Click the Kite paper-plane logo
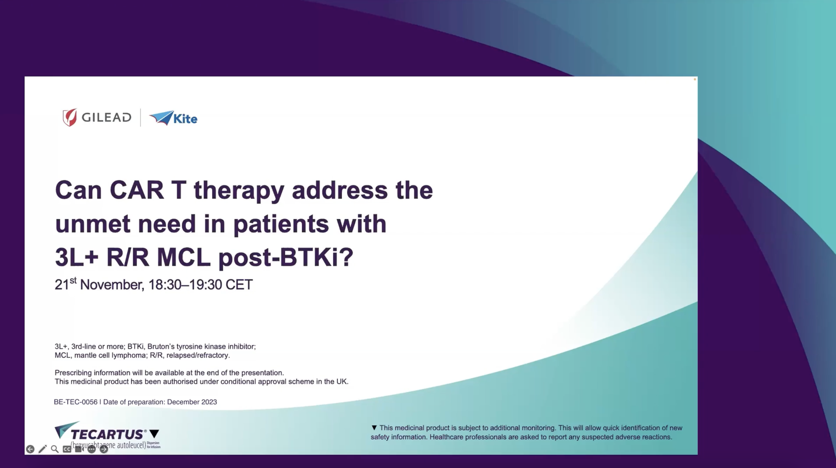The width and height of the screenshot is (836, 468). (161, 117)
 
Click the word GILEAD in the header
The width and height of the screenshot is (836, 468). (106, 117)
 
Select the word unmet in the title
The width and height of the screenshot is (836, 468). (93, 224)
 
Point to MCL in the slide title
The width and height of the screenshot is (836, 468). (183, 257)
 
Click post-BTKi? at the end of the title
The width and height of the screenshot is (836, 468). (286, 257)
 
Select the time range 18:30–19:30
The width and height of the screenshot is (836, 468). (185, 285)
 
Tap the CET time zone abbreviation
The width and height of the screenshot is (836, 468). (239, 285)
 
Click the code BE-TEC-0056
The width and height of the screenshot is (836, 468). (76, 402)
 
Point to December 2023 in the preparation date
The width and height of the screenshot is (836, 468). (192, 402)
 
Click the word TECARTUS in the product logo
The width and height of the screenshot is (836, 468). (107, 434)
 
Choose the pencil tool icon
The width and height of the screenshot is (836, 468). (43, 449)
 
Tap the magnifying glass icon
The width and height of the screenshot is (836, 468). (55, 449)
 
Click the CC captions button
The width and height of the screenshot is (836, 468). (67, 449)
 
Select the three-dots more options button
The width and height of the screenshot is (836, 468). (92, 449)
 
